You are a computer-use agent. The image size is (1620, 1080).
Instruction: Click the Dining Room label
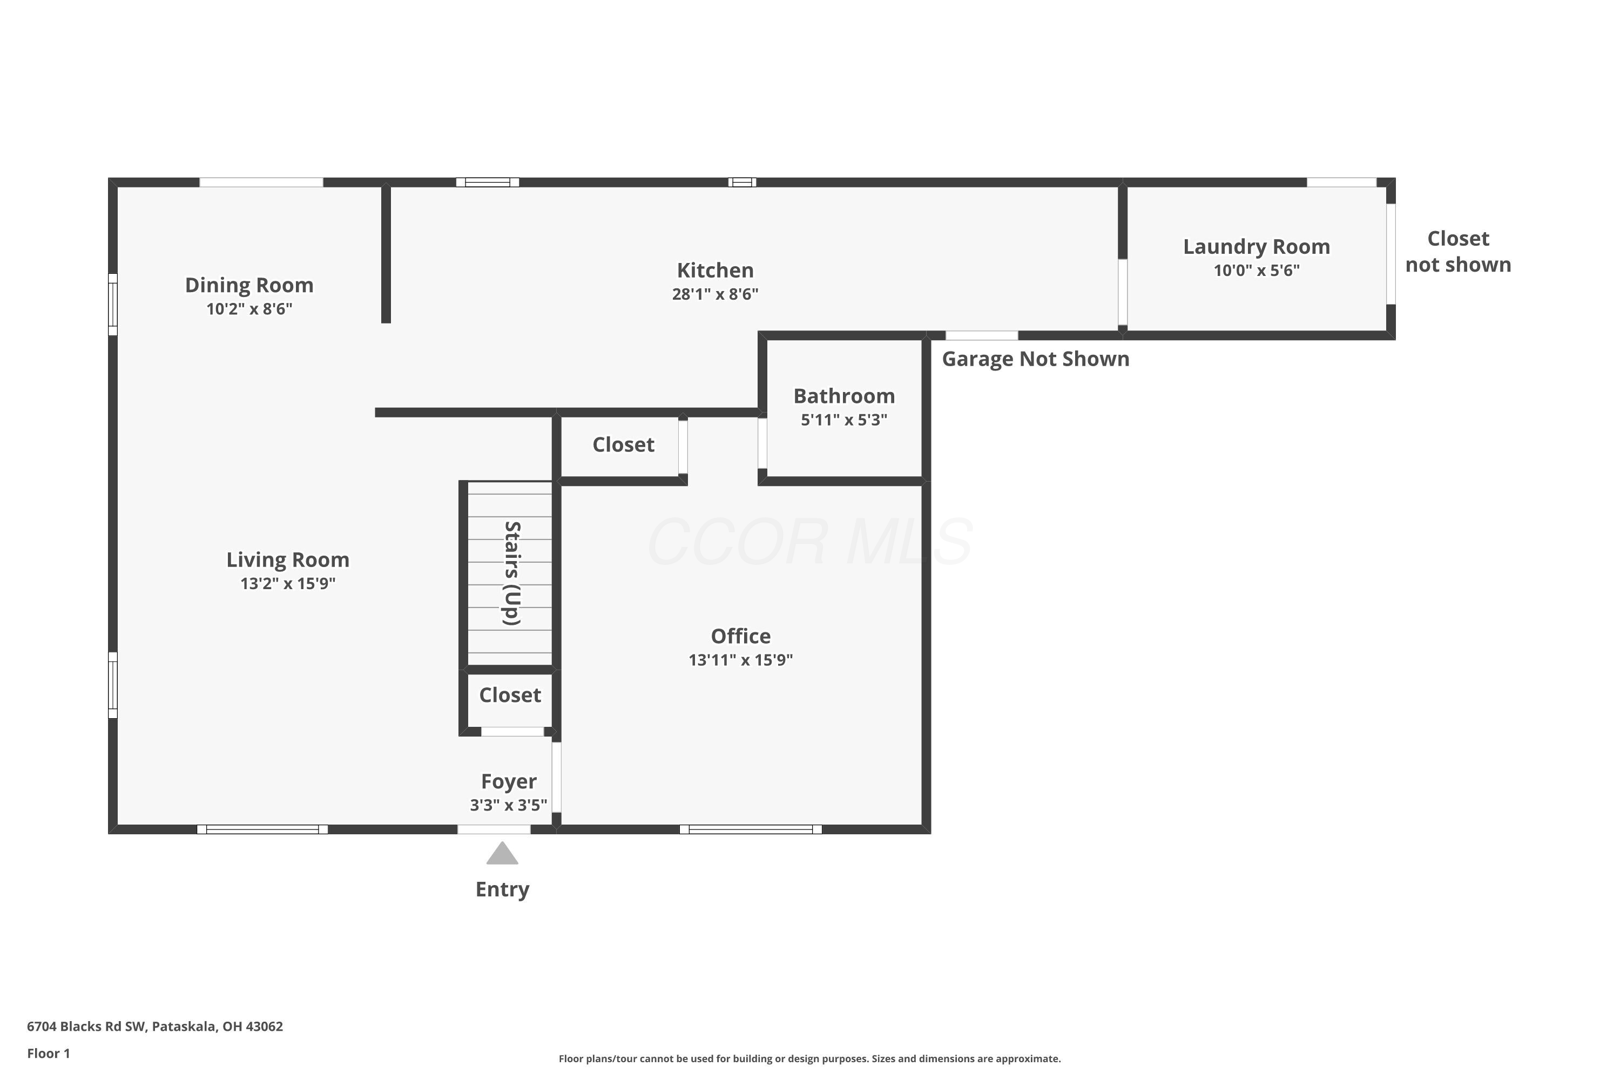pos(249,285)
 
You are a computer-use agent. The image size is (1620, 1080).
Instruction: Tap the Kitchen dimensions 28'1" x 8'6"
pos(715,294)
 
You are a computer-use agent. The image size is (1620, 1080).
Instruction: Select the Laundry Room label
pos(1257,247)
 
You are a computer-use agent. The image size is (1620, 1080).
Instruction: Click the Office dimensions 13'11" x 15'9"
pos(740,660)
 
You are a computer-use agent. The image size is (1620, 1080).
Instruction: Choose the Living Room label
pos(288,560)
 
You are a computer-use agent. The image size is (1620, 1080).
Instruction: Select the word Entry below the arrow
pos(502,889)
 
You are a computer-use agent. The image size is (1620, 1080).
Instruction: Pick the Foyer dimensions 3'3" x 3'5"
pos(508,805)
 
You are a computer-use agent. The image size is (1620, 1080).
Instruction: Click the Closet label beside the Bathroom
pos(623,445)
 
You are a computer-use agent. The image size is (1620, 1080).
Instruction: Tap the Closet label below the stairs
pos(510,695)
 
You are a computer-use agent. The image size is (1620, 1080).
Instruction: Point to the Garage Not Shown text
pos(1035,359)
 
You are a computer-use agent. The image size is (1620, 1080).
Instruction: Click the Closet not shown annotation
pos(1458,252)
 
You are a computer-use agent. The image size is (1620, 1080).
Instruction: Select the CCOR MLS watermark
pos(810,542)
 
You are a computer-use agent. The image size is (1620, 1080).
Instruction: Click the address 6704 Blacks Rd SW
pos(86,1027)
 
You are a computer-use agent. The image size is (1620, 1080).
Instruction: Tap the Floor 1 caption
pos(48,1053)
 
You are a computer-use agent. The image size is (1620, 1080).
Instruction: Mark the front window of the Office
pos(750,829)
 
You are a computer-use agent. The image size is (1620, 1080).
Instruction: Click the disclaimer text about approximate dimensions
pos(809,1058)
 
